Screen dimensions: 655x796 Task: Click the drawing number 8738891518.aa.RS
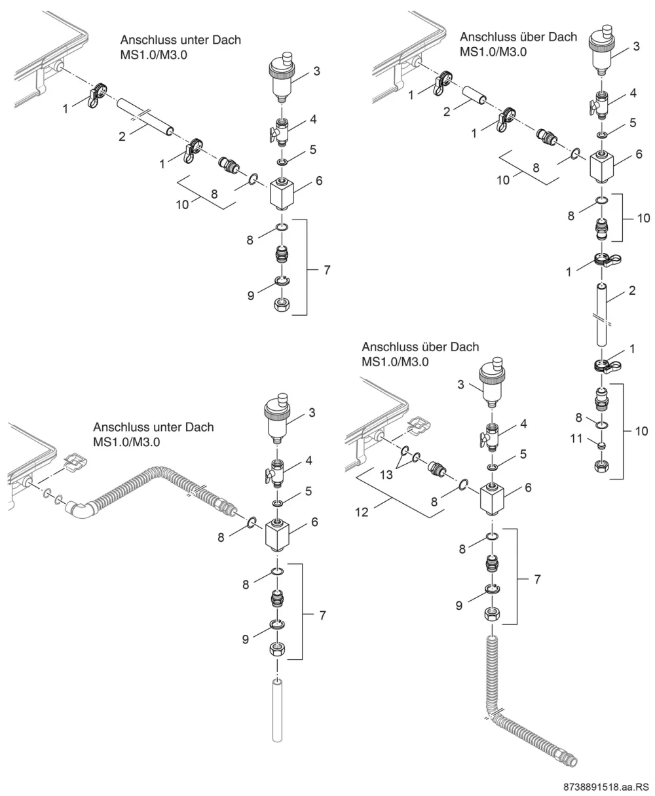click(x=606, y=787)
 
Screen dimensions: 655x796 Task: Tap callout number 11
click(x=576, y=438)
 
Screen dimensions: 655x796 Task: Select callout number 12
click(x=362, y=512)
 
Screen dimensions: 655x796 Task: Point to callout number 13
click(x=386, y=474)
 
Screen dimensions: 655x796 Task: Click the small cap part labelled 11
click(x=602, y=445)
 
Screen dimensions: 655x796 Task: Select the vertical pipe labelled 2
click(x=602, y=314)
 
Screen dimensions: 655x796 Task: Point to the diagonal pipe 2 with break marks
click(x=145, y=117)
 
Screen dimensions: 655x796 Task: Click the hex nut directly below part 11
click(x=602, y=467)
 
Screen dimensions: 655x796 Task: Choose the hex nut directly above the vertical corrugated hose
click(x=493, y=615)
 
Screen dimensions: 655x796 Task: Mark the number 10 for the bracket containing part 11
click(x=641, y=430)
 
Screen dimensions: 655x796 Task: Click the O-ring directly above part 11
click(x=602, y=426)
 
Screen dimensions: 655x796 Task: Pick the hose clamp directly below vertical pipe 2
click(x=607, y=366)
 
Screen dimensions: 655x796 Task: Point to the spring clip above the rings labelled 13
click(x=418, y=426)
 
